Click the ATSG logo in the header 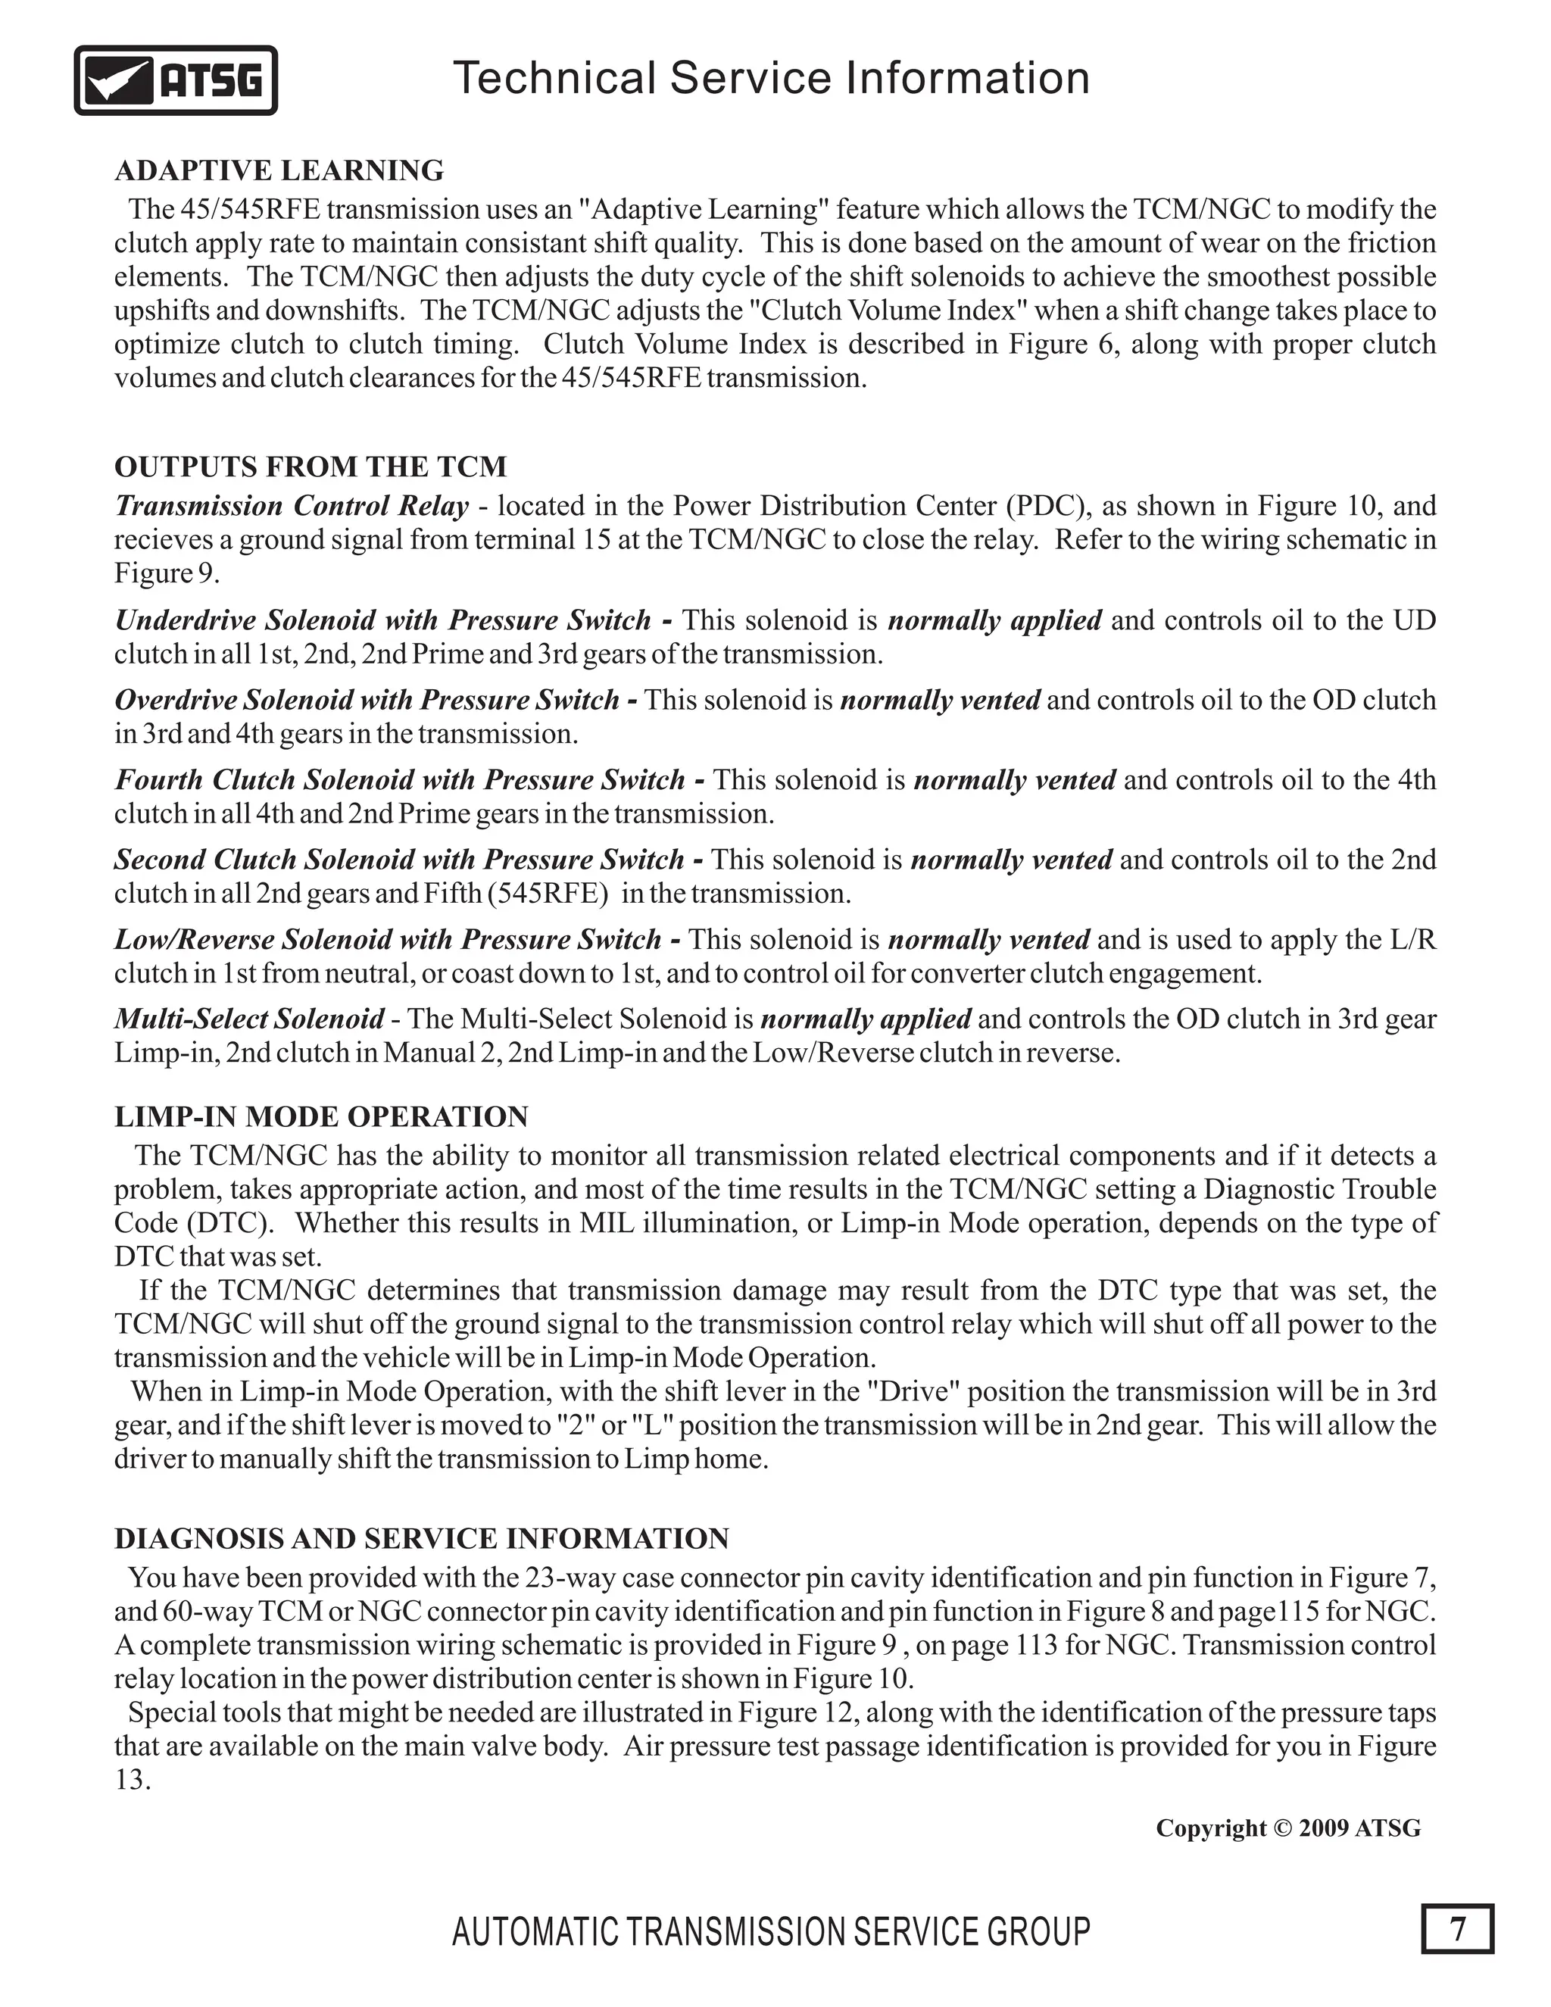(176, 81)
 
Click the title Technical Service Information (771, 78)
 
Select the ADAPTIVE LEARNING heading (279, 171)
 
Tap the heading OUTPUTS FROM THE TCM (310, 467)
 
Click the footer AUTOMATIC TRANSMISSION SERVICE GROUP (771, 1932)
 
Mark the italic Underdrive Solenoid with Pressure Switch (383, 621)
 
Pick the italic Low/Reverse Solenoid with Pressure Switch (388, 940)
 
